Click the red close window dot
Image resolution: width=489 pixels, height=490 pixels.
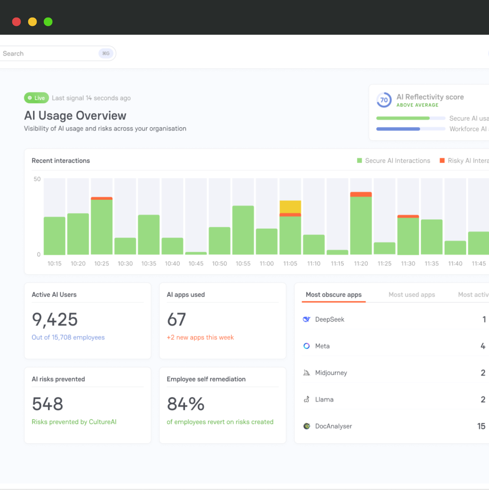[16, 22]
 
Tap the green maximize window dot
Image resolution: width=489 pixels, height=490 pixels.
[48, 22]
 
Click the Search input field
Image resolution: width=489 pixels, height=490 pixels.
[50, 54]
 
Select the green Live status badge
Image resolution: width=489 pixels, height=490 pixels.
[37, 98]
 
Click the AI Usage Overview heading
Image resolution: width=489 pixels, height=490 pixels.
[75, 116]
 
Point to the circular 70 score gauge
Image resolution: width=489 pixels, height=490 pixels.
[384, 100]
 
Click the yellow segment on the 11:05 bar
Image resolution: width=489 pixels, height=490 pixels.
[290, 207]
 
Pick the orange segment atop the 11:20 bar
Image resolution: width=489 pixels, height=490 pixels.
[361, 194]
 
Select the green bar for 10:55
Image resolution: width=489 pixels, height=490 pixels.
[243, 230]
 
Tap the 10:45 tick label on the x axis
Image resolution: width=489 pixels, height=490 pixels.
[196, 263]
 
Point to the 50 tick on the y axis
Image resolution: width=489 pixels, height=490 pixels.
[37, 179]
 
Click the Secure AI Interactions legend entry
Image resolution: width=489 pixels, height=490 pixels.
[394, 161]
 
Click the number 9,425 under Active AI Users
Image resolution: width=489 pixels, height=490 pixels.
[55, 319]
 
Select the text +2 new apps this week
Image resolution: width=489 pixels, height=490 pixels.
[200, 337]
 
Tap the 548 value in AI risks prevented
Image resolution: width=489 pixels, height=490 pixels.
[48, 404]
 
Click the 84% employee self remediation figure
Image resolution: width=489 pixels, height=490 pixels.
[186, 404]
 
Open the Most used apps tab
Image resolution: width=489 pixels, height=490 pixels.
[412, 295]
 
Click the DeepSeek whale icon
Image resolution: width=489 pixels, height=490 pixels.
[307, 319]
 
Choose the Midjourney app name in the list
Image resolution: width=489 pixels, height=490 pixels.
[331, 373]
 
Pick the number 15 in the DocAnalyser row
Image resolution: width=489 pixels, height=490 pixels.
[481, 426]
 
